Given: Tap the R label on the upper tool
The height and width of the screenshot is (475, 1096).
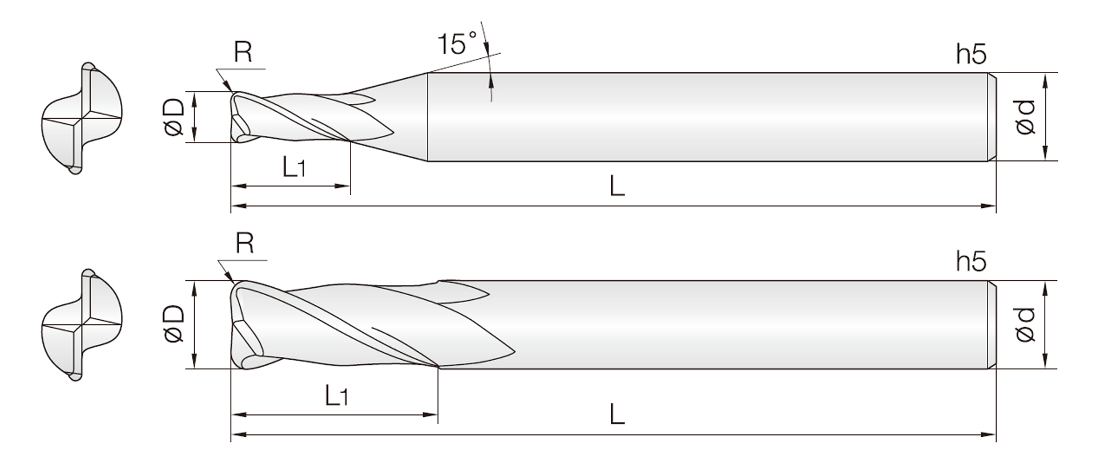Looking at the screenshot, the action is click(243, 53).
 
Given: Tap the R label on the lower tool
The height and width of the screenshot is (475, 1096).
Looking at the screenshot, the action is click(244, 243).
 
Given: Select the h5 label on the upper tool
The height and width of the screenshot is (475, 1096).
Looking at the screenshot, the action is click(971, 54).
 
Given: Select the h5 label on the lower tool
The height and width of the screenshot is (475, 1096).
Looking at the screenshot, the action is click(971, 261).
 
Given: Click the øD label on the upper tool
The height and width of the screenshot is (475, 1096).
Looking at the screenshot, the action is click(174, 117).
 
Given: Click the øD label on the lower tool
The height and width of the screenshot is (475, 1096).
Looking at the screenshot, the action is click(174, 324).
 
